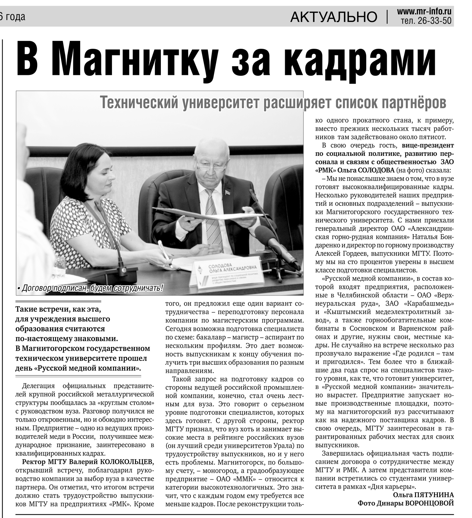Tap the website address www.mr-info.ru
pyautogui.click(x=424, y=12)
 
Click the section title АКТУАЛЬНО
pyautogui.click(x=334, y=17)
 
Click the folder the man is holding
pyautogui.click(x=205, y=214)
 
